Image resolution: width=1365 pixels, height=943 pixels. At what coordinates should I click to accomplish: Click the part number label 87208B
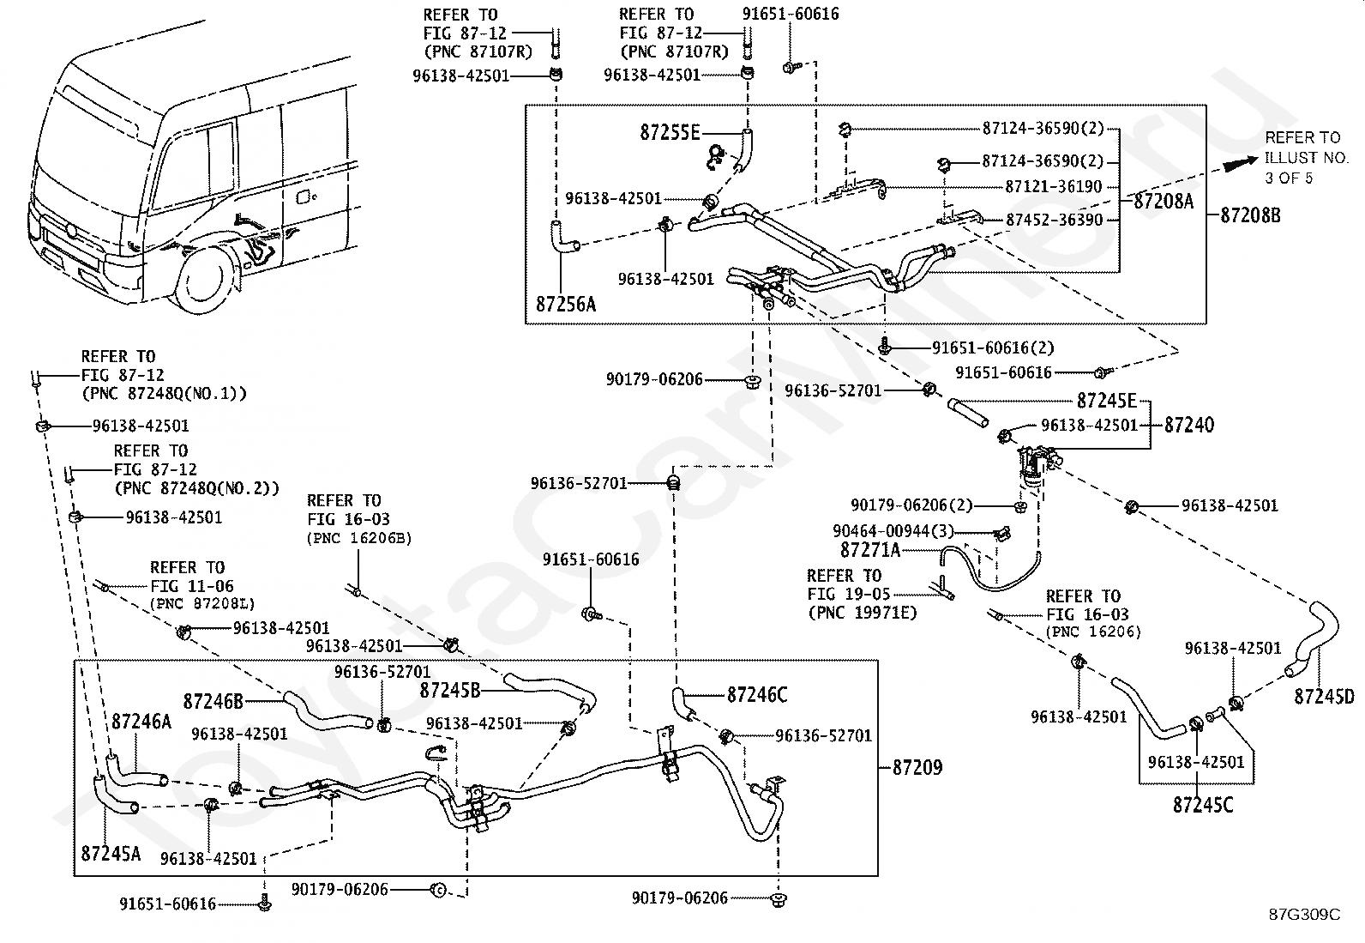1250,215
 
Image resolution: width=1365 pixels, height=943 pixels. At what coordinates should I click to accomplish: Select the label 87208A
1164,201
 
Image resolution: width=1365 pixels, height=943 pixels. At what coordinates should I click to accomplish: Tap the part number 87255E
670,132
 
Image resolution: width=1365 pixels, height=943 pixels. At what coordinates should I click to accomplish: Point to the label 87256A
566,304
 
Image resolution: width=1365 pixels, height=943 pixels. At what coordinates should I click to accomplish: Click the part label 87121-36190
1054,187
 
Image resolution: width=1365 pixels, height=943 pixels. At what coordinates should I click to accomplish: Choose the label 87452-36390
1055,220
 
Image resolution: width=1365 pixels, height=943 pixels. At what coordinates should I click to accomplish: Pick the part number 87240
1189,425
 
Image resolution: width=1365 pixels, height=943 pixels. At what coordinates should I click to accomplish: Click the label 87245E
1107,401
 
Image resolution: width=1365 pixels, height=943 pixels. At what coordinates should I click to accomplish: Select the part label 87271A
870,550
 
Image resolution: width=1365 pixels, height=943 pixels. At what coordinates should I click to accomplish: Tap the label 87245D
1324,697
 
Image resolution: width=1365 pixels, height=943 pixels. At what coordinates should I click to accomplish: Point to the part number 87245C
1203,805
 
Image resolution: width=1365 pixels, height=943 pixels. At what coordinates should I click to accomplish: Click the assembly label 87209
917,767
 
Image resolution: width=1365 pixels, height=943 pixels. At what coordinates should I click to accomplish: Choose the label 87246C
757,695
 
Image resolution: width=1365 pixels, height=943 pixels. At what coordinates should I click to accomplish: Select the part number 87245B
450,691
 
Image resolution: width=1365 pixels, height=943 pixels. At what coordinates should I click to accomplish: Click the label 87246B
213,701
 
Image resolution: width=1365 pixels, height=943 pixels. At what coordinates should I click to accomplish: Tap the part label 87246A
141,722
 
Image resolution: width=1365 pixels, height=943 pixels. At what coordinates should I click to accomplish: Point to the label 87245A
111,854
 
